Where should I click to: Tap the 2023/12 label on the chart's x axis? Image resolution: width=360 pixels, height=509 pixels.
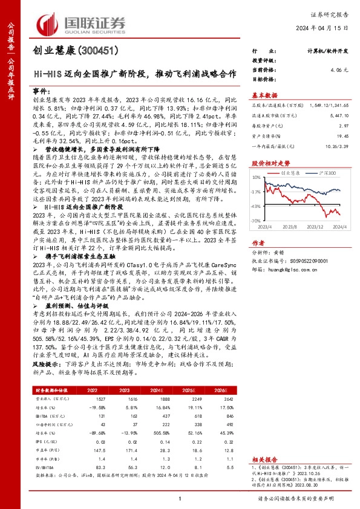tap(315, 227)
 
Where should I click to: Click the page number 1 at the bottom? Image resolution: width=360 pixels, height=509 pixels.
tap(180, 498)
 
